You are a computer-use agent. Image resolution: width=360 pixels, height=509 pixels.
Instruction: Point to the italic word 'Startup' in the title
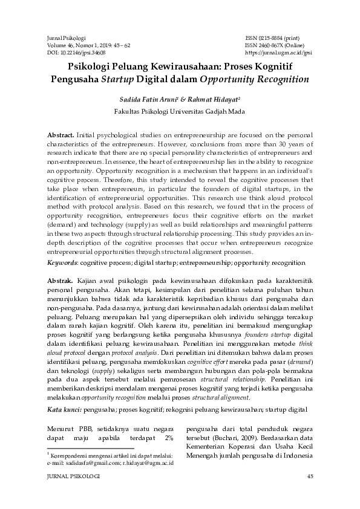117,79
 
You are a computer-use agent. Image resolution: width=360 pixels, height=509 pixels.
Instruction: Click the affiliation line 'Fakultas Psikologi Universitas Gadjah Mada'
179,111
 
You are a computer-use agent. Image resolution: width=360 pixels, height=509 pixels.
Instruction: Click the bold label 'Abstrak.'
60,280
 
